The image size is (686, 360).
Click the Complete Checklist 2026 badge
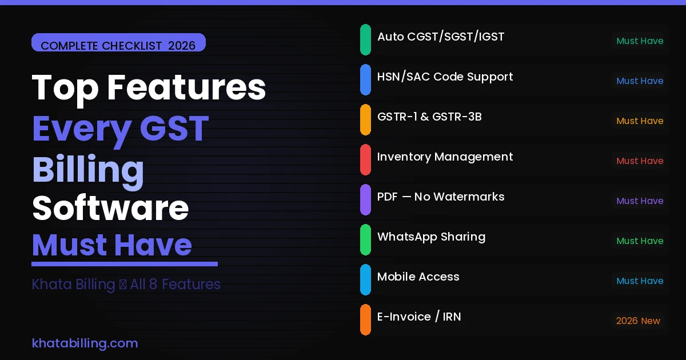118,45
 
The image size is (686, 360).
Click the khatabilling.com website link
85,343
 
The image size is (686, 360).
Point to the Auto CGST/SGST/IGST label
441,37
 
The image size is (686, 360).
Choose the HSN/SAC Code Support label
445,77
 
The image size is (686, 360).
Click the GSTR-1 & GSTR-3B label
429,117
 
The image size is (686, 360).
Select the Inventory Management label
445,157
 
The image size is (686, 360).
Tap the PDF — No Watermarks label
441,197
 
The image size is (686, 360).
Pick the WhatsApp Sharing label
431,237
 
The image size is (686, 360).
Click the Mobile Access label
418,277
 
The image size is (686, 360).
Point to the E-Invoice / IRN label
419,317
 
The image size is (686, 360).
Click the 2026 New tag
638,321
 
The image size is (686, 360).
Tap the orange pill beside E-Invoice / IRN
365,319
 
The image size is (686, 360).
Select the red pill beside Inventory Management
365,159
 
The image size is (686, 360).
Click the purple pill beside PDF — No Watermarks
365,199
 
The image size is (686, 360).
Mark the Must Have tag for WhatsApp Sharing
640,241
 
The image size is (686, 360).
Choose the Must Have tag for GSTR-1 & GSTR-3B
640,121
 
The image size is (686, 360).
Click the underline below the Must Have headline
125,264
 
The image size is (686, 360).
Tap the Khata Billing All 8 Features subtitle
126,285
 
